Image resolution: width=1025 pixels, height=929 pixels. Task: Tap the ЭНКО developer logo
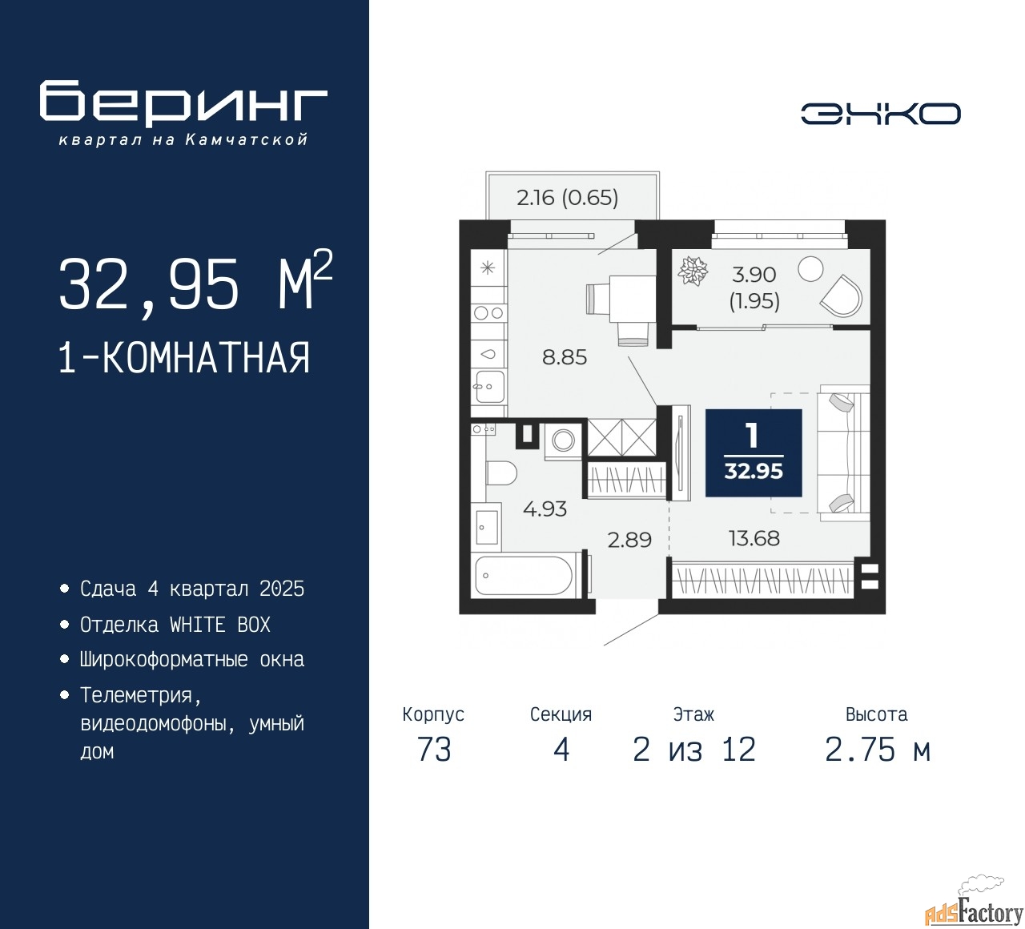(880, 114)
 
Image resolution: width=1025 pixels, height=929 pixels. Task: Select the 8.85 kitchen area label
(564, 357)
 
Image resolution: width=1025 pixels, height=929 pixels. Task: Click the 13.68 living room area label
(754, 538)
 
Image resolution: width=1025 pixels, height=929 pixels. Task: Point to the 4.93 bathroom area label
(545, 509)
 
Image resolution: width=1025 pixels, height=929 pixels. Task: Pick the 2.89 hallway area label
(629, 540)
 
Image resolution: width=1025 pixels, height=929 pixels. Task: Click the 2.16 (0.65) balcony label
(567, 197)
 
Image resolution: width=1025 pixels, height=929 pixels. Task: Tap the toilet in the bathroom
(502, 473)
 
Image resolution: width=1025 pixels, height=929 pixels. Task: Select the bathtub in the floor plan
(524, 576)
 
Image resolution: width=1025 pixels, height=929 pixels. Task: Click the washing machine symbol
(563, 440)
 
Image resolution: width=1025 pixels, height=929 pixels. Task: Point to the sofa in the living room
(843, 453)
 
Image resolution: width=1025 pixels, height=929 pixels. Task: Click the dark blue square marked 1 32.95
(754, 452)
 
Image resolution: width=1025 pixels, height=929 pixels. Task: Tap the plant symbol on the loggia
(693, 270)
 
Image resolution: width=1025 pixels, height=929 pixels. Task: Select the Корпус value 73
(434, 750)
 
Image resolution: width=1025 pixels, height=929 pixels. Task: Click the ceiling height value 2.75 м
(878, 750)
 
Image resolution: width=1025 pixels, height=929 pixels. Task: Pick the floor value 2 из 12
(694, 750)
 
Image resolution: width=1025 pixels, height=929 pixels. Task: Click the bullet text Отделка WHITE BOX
(175, 625)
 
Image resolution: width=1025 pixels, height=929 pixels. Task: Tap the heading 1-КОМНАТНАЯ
(184, 357)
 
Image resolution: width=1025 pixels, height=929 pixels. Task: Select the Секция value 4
(561, 750)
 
